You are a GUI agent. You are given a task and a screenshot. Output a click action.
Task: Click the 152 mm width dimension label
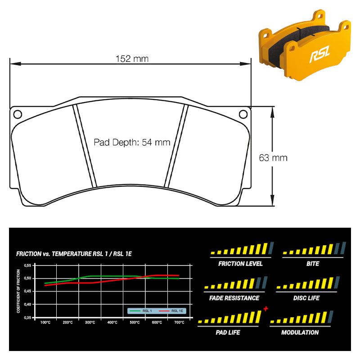click(132, 59)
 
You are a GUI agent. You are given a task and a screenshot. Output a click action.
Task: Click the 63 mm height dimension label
click(273, 158)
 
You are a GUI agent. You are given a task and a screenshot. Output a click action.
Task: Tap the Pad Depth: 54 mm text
click(132, 142)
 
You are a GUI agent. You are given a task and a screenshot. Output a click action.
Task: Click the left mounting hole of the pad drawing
click(18, 114)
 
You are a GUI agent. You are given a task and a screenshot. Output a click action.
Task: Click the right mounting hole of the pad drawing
click(243, 114)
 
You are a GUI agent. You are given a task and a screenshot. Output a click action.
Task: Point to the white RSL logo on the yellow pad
click(320, 54)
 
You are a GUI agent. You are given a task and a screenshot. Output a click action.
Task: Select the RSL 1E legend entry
click(171, 311)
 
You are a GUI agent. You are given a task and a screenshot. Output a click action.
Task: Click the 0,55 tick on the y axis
click(27, 265)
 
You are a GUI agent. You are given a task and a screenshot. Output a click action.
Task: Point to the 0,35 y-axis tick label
click(27, 318)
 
